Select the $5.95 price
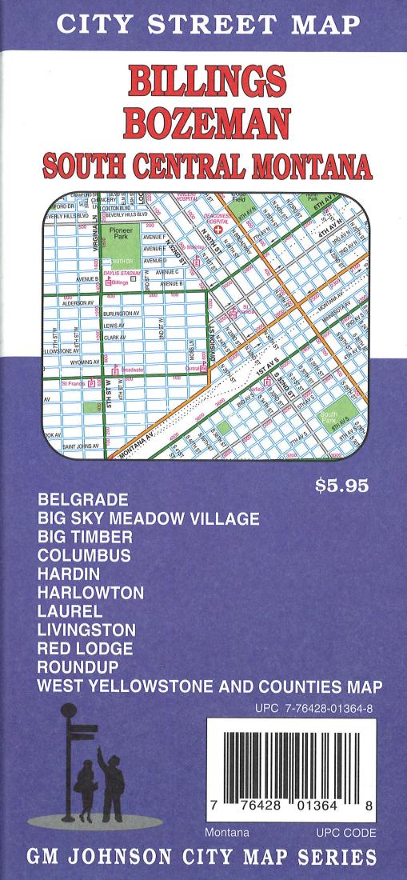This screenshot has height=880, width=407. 343,486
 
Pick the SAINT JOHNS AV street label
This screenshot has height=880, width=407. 80,446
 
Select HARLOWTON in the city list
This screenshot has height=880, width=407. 90,593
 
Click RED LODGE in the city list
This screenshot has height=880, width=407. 85,648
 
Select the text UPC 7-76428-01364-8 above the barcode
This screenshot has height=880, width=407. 314,707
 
